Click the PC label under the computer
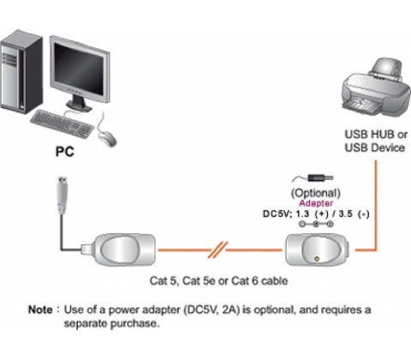64,152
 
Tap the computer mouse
107,138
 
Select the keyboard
62,124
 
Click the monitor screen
79,69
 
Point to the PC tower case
21,71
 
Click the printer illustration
377,87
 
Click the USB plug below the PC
63,195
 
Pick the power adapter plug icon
313,178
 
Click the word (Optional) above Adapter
315,194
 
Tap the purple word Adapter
316,203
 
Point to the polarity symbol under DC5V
316,224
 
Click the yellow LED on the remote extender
317,259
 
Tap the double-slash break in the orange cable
217,250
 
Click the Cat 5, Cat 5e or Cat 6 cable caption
218,281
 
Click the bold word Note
40,309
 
